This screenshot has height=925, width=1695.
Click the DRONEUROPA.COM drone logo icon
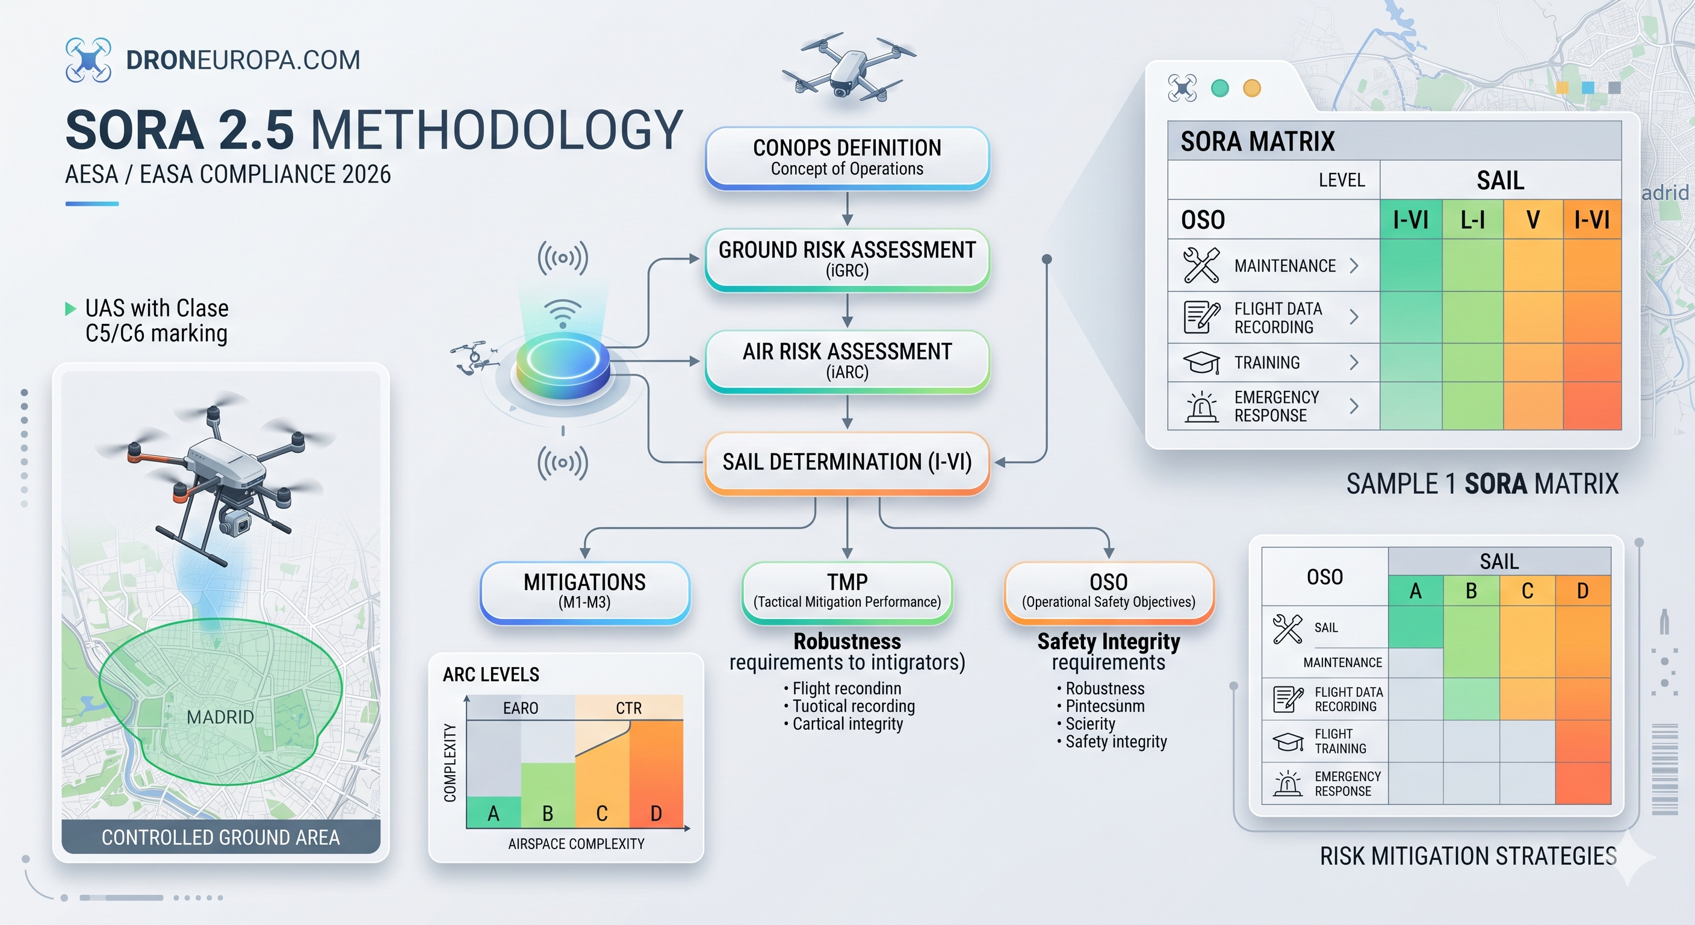tap(88, 60)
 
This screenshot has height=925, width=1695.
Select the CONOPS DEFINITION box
tap(847, 158)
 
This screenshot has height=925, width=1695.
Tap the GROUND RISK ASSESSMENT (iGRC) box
tap(847, 260)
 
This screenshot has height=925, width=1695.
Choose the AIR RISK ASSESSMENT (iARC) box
tap(847, 361)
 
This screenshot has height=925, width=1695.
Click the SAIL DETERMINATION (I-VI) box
tap(847, 463)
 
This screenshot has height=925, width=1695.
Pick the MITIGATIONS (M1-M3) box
tap(585, 592)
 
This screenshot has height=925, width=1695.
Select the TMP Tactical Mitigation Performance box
tap(847, 592)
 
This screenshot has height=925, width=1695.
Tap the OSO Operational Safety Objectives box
tap(1109, 592)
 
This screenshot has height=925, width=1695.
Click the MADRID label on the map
tap(220, 717)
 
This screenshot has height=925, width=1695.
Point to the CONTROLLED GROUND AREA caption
tap(220, 837)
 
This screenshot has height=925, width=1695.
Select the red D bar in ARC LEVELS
tap(656, 774)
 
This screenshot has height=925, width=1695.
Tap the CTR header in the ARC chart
tap(628, 708)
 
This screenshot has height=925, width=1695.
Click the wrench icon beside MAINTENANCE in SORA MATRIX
tap(1201, 266)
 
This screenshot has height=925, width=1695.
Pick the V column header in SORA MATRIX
tap(1533, 220)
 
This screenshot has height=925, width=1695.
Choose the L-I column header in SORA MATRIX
tap(1473, 220)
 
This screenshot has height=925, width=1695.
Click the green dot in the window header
tap(1220, 88)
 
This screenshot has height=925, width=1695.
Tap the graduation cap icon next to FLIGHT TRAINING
tap(1288, 741)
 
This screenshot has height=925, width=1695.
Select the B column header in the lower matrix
tap(1471, 591)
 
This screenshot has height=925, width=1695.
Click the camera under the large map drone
tap(235, 522)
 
